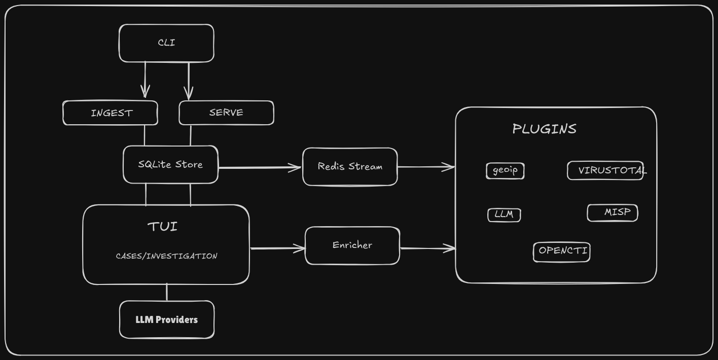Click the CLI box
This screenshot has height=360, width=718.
166,43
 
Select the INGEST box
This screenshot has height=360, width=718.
111,113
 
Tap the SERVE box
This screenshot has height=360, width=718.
226,113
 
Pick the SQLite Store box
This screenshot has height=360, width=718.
170,165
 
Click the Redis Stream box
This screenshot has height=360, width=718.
350,167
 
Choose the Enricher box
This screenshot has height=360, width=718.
352,245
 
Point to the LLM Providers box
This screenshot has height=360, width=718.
167,320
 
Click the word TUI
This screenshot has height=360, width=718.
163,227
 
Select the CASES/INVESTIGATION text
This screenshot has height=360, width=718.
166,256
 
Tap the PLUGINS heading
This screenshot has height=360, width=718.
544,129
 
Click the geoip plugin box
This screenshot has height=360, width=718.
505,170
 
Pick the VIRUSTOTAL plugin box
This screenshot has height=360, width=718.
605,170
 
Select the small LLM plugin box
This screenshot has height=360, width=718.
504,214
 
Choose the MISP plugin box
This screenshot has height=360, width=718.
613,212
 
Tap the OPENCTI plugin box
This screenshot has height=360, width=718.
562,251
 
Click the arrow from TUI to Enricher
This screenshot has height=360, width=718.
277,248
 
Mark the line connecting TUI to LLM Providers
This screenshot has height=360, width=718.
167,293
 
